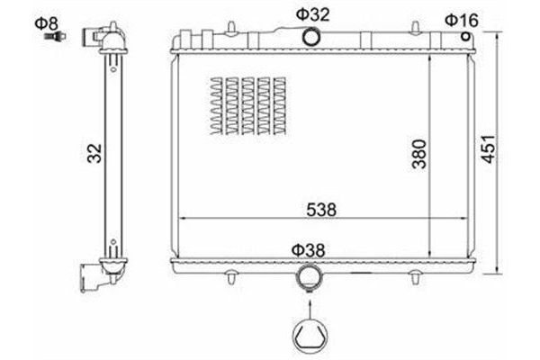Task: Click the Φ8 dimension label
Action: coord(47,23)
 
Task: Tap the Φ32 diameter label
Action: coord(312,14)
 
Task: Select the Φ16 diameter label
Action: coord(462,21)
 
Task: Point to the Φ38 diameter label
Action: coord(308,250)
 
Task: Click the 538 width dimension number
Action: coord(321,210)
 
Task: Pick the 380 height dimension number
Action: coord(419,154)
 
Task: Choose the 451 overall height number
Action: coord(489,148)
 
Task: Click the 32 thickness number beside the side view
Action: coord(94,153)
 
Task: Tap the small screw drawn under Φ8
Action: coord(56,36)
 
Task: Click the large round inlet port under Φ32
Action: coord(311,37)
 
